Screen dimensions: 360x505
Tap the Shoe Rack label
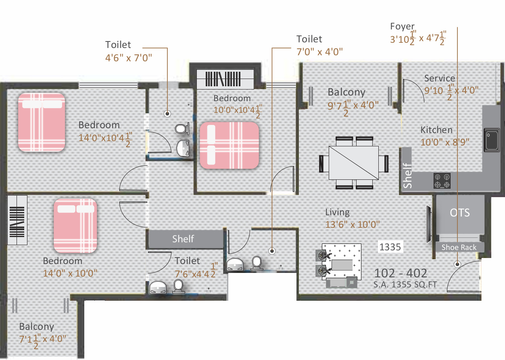(459, 247)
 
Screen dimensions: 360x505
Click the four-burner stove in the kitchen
(442, 181)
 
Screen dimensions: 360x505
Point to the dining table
(354, 163)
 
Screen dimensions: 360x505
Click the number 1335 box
(390, 246)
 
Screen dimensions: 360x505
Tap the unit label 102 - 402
(401, 273)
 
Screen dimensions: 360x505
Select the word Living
(338, 212)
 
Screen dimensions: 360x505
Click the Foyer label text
(403, 27)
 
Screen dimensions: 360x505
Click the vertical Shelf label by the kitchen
(407, 175)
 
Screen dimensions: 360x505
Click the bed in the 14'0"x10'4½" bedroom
(42, 122)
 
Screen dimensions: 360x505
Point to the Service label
(440, 78)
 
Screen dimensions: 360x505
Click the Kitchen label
(436, 130)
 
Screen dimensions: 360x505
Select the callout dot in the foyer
(457, 264)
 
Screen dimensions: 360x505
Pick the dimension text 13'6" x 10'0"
(353, 225)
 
